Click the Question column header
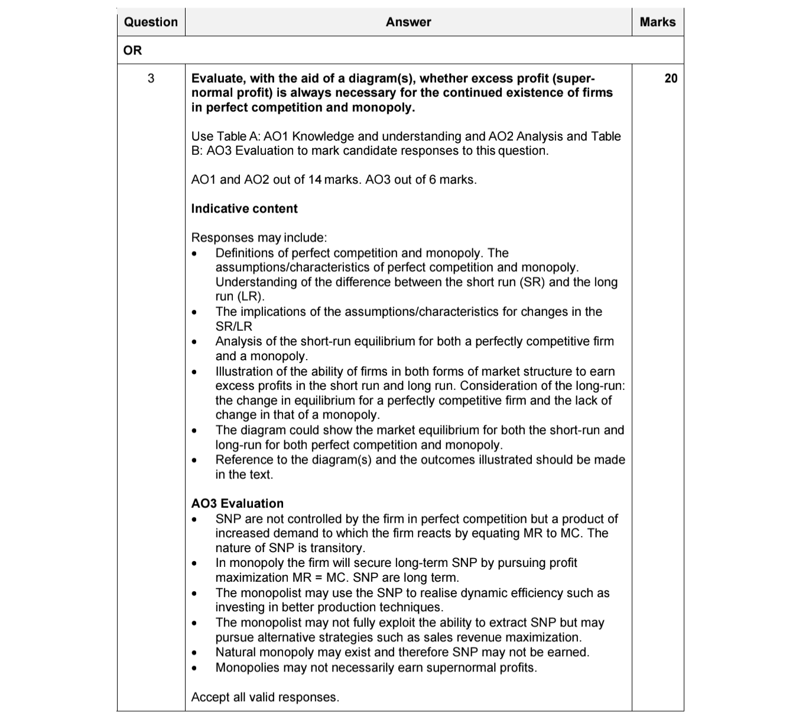tap(151, 22)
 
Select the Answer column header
tap(408, 22)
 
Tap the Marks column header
tap(657, 22)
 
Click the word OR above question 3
tap(132, 51)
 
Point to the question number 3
tap(151, 79)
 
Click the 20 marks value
tap(671, 79)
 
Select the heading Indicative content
tap(244, 208)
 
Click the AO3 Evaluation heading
tap(237, 504)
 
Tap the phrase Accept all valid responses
tap(265, 697)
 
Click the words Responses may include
tap(258, 238)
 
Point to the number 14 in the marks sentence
tap(314, 180)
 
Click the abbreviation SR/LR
tap(233, 327)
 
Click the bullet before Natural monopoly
tap(194, 653)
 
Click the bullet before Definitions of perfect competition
tap(194, 254)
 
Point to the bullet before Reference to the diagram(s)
tap(194, 461)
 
